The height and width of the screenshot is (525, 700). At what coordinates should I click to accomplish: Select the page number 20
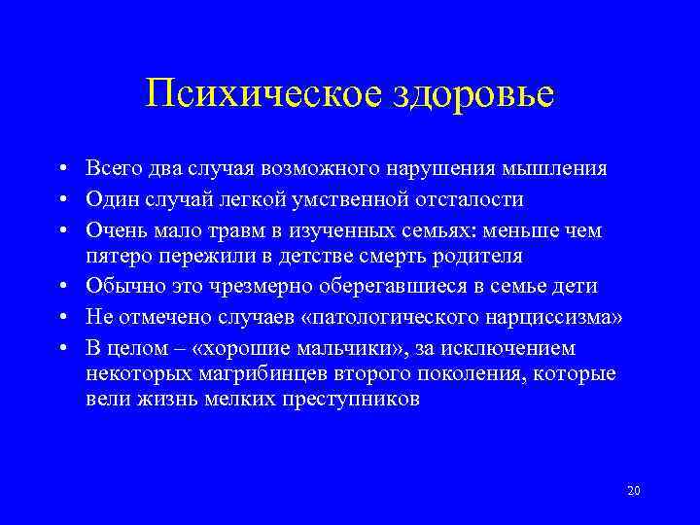[634, 490]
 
